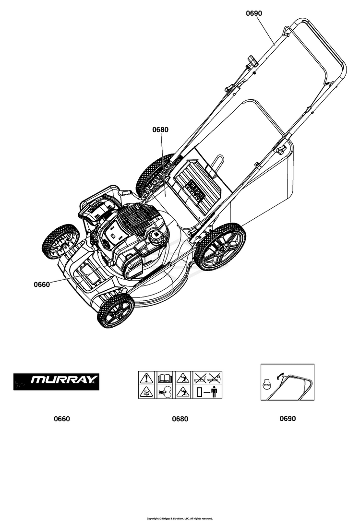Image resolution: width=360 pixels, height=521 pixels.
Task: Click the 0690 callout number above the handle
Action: [254, 13]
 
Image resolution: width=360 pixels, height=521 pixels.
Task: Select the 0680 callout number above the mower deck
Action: [160, 130]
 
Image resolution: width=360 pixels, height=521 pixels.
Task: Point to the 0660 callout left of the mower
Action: [42, 284]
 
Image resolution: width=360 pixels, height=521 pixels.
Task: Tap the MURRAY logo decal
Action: [56, 381]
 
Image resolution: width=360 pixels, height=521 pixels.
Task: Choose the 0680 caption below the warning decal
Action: [180, 419]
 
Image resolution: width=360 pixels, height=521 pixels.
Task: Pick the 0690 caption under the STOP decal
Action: [288, 418]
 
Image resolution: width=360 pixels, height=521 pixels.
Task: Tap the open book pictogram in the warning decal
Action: [164, 378]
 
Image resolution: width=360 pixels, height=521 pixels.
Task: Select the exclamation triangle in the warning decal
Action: [146, 378]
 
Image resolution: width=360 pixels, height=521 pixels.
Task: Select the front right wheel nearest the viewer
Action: [116, 310]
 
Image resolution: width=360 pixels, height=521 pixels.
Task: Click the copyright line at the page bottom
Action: [180, 518]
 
